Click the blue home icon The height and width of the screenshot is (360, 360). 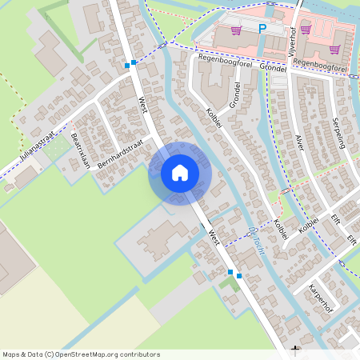click(x=180, y=172)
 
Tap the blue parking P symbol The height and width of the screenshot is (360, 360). click(x=262, y=29)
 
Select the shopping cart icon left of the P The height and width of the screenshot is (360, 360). click(x=236, y=31)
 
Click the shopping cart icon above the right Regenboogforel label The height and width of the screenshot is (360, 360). click(x=334, y=49)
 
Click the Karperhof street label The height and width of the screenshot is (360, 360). click(x=319, y=295)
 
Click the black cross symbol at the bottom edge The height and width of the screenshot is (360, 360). click(x=296, y=350)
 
